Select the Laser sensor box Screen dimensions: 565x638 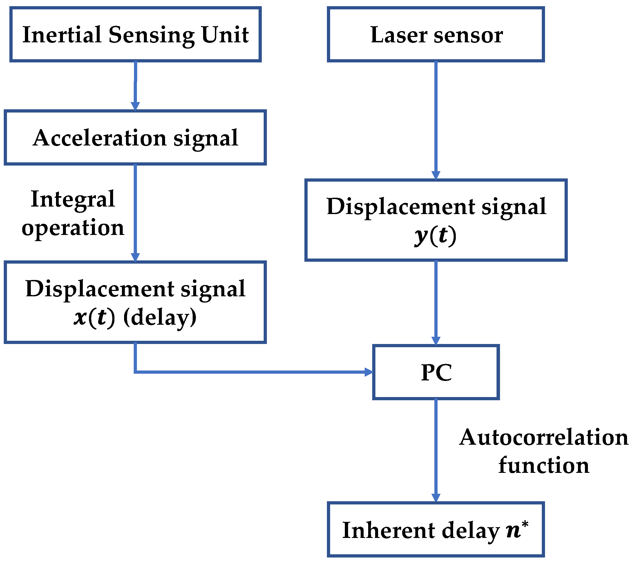click(x=436, y=34)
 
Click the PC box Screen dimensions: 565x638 click(x=436, y=372)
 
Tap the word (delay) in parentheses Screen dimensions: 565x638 click(x=160, y=317)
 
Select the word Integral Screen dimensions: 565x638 click(x=73, y=199)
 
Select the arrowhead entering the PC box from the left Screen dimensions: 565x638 click(x=369, y=372)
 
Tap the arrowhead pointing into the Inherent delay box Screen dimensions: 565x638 click(x=436, y=497)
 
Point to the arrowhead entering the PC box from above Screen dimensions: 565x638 click(x=436, y=341)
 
